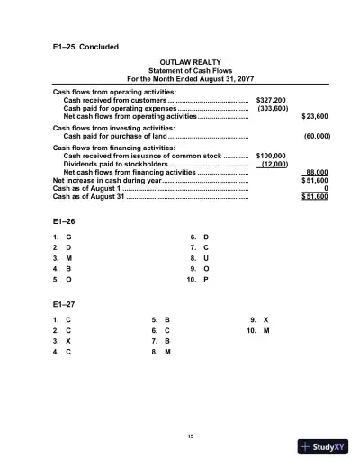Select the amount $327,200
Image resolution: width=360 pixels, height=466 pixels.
tap(271, 100)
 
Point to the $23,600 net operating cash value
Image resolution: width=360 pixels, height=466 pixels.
tap(315, 117)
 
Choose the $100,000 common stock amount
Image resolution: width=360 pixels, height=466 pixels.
tap(271, 155)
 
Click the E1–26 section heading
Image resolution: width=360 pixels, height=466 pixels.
tap(65, 220)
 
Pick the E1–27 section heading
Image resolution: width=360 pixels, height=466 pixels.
tap(65, 304)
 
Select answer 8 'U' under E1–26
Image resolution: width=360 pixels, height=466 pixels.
tap(206, 257)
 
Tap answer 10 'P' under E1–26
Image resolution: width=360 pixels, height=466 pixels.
tap(206, 279)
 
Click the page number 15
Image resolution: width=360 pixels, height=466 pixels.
tap(190, 436)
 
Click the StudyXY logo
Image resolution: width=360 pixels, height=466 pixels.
tap(323, 447)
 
